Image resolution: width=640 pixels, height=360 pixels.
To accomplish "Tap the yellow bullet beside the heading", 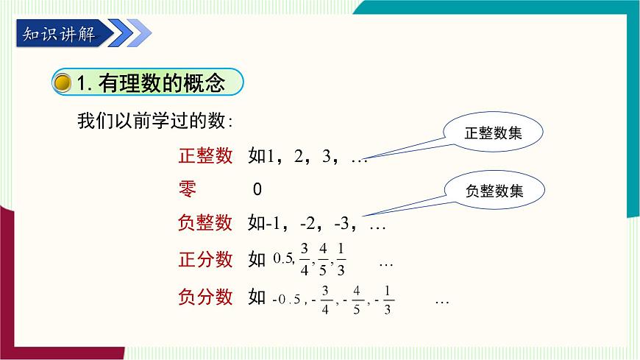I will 64,83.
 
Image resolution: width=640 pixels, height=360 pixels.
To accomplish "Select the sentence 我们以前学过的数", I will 155,121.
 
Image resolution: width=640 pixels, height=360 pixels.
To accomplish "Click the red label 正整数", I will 205,155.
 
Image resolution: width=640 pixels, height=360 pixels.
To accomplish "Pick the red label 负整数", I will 205,222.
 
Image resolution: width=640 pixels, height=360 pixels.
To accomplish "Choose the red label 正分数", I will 205,259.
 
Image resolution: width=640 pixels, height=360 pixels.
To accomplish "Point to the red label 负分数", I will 205,297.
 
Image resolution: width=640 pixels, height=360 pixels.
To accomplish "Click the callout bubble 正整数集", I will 494,133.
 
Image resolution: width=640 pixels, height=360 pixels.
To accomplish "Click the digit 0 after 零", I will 257,189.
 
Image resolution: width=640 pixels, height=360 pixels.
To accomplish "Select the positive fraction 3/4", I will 305,258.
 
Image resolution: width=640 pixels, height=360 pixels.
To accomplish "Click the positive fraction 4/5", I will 323,258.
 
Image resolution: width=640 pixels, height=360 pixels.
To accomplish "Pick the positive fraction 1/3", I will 341,258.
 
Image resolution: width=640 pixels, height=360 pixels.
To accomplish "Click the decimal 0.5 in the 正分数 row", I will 283,258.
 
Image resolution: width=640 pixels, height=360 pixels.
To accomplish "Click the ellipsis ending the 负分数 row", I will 442,300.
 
